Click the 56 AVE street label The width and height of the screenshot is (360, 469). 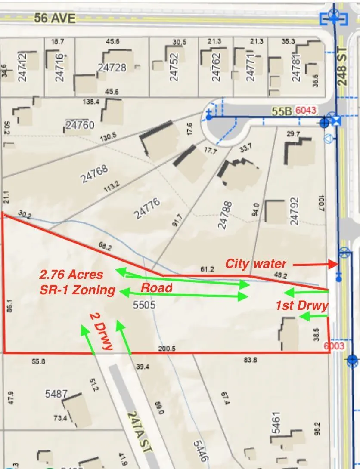(x=54, y=18)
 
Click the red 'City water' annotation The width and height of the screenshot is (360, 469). (x=255, y=263)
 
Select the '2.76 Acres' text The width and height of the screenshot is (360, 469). (x=71, y=275)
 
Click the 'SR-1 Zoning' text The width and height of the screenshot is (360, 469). (x=78, y=290)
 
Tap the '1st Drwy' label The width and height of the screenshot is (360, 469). (x=302, y=306)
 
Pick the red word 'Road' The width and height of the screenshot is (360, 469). (x=157, y=288)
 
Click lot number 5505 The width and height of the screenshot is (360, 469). (x=144, y=306)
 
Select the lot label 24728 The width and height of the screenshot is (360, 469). (x=112, y=68)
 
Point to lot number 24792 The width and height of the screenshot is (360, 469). (x=295, y=211)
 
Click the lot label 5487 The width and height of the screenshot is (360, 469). (x=56, y=394)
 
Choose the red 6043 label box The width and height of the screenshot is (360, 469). (x=306, y=111)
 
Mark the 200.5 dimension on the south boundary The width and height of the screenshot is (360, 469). (x=167, y=349)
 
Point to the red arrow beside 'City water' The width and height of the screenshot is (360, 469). (x=313, y=264)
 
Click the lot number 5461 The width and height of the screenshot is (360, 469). (x=276, y=423)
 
